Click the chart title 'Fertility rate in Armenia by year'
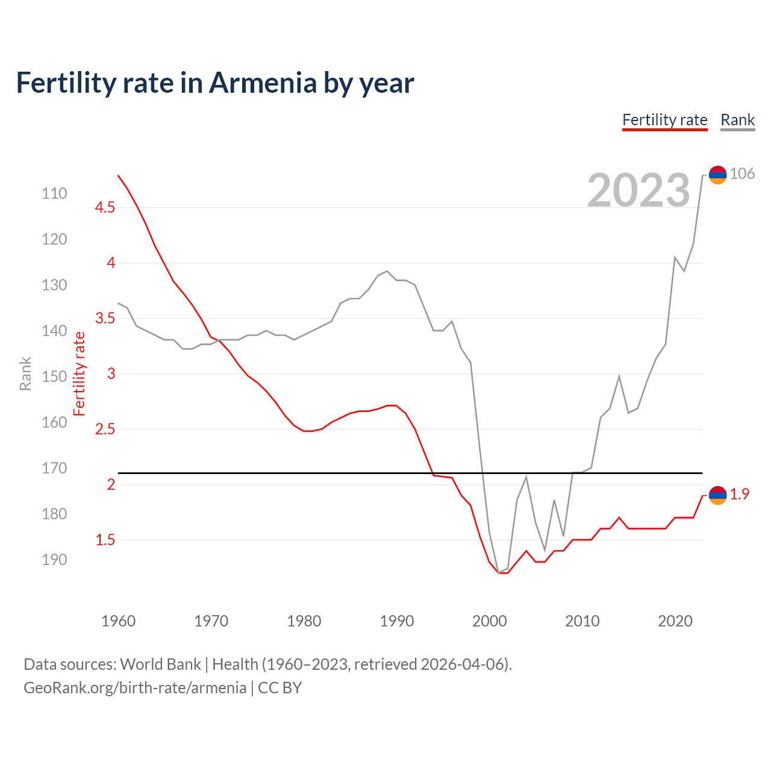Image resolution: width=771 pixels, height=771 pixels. (214, 83)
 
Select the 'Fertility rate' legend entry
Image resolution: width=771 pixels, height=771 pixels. (664, 120)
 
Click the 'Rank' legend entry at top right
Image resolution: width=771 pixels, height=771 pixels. (737, 120)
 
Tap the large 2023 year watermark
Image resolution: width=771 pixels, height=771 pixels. (638, 190)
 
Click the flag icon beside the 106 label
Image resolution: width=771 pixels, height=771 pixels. (717, 175)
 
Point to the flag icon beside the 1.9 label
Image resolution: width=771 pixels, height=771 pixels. (717, 495)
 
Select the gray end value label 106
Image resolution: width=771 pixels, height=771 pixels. (742, 174)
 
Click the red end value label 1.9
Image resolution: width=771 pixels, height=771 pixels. (740, 495)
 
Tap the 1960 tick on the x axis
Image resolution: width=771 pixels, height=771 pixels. (118, 621)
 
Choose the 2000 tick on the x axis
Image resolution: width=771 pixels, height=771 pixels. (489, 621)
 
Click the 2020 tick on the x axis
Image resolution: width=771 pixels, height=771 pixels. (675, 621)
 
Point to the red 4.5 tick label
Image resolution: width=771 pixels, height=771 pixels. (105, 208)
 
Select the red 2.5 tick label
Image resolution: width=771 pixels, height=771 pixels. (105, 429)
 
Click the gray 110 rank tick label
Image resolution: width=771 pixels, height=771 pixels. (54, 193)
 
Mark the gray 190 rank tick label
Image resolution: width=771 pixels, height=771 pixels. (54, 560)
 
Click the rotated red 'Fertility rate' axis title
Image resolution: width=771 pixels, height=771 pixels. (80, 373)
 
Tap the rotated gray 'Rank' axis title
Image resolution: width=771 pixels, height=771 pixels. (25, 373)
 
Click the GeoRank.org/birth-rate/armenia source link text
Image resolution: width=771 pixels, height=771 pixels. (135, 688)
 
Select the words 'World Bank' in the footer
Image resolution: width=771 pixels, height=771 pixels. (160, 664)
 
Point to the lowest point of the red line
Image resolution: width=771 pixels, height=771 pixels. (503, 573)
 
